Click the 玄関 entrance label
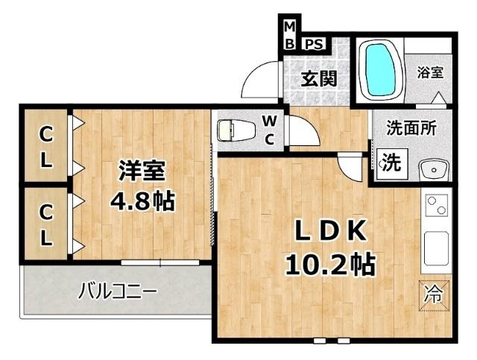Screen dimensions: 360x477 318,78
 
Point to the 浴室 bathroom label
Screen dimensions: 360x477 430,72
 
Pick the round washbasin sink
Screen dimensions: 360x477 432,171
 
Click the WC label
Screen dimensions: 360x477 271,130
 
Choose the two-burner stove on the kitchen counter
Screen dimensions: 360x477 435,204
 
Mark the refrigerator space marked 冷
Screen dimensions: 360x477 434,293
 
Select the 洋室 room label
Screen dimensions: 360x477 142,171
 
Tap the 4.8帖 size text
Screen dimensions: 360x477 142,200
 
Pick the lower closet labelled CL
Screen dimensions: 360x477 46,224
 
